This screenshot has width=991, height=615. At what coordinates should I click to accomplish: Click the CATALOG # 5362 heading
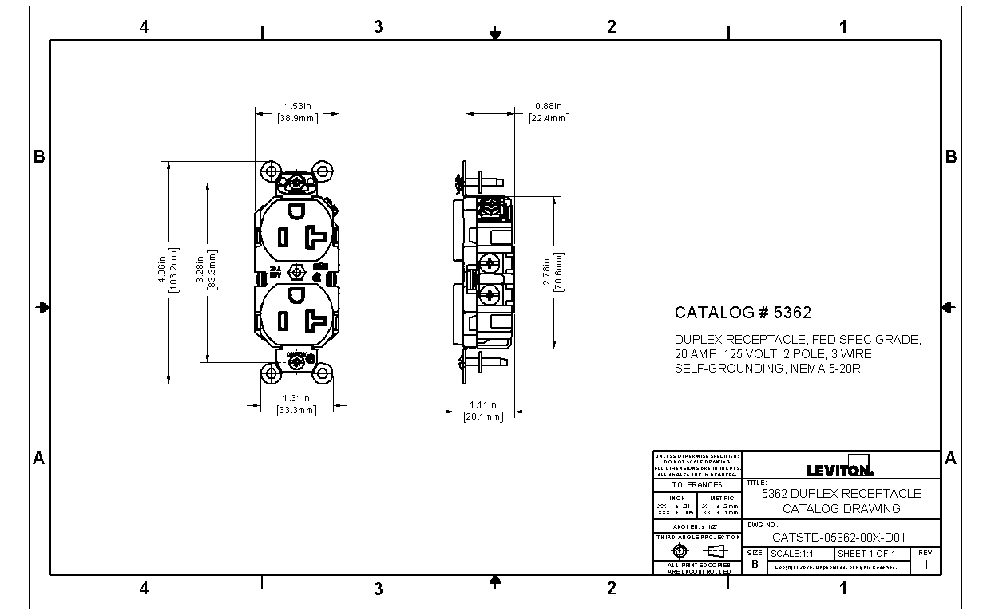pyautogui.click(x=743, y=313)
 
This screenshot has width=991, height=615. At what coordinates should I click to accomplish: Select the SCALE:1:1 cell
pyautogui.click(x=801, y=554)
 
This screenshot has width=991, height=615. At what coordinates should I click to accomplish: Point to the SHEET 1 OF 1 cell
pyautogui.click(x=870, y=554)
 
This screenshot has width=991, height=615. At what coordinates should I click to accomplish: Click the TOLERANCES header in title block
pyautogui.click(x=696, y=484)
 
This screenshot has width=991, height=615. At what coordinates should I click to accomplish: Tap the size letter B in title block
pyautogui.click(x=755, y=563)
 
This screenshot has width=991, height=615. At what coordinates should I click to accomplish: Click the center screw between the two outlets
pyautogui.click(x=297, y=272)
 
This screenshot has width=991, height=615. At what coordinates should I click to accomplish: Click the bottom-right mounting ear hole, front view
pyautogui.click(x=323, y=373)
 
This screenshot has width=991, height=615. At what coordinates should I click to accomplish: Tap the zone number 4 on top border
pyautogui.click(x=144, y=27)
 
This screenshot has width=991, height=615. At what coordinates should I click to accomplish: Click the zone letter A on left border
pyautogui.click(x=38, y=458)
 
